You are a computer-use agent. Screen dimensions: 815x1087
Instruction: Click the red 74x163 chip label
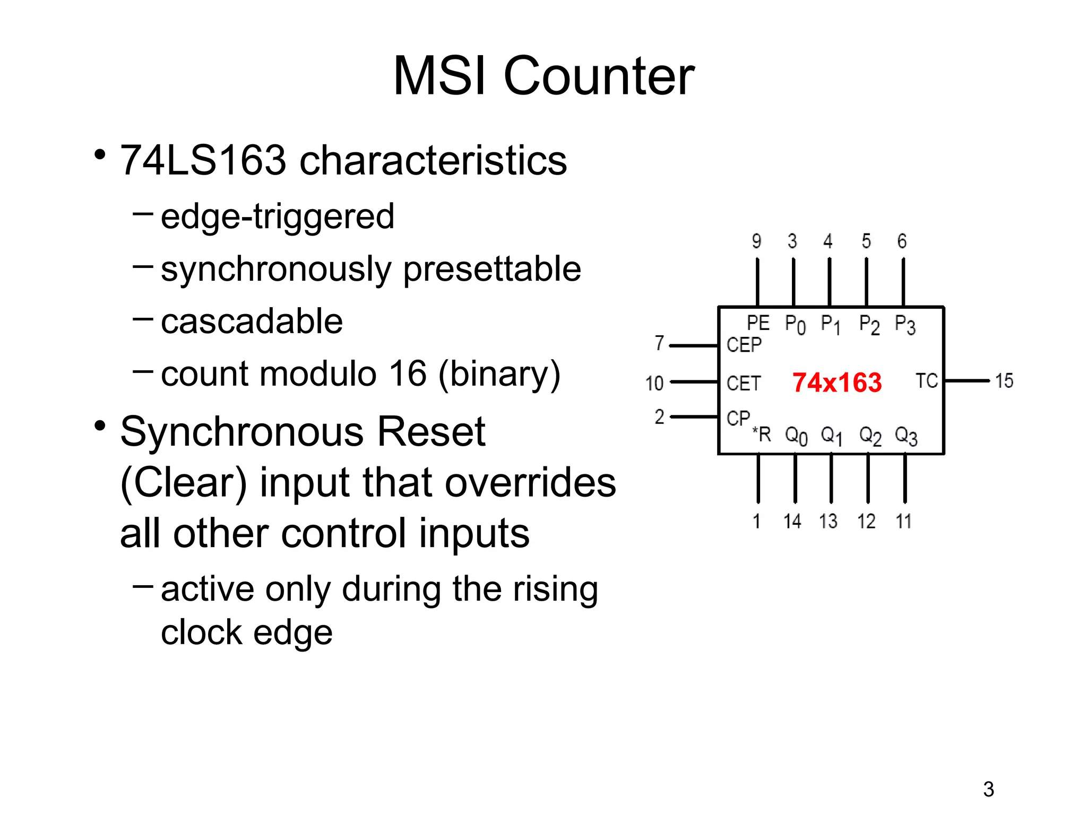click(x=836, y=383)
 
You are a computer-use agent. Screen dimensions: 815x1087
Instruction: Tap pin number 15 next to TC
click(x=1004, y=381)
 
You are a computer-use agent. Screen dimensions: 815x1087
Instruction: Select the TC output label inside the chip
click(x=927, y=381)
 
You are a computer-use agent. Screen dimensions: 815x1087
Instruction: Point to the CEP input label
click(x=744, y=345)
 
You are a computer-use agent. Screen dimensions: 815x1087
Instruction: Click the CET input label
click(x=744, y=383)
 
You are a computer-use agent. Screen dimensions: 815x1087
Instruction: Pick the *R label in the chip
click(x=762, y=435)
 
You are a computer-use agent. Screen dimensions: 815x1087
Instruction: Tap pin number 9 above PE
click(x=757, y=241)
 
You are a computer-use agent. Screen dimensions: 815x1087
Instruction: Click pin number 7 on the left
click(x=659, y=343)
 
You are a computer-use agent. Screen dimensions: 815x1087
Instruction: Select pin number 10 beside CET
click(x=654, y=383)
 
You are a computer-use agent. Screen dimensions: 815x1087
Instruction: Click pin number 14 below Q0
click(x=792, y=521)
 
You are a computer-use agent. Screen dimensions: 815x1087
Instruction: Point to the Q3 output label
click(x=905, y=436)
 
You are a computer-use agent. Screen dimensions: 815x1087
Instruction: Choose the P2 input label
click(x=869, y=324)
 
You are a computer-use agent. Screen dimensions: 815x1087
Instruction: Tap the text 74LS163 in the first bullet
click(x=203, y=160)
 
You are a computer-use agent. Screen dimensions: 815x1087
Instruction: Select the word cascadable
click(x=252, y=322)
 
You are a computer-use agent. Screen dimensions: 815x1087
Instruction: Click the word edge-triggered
click(x=277, y=216)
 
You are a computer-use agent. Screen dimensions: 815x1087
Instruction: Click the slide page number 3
click(x=988, y=790)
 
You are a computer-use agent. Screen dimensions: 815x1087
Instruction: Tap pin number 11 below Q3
click(x=903, y=521)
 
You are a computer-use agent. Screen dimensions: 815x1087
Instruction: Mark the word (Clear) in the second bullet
click(x=184, y=483)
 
